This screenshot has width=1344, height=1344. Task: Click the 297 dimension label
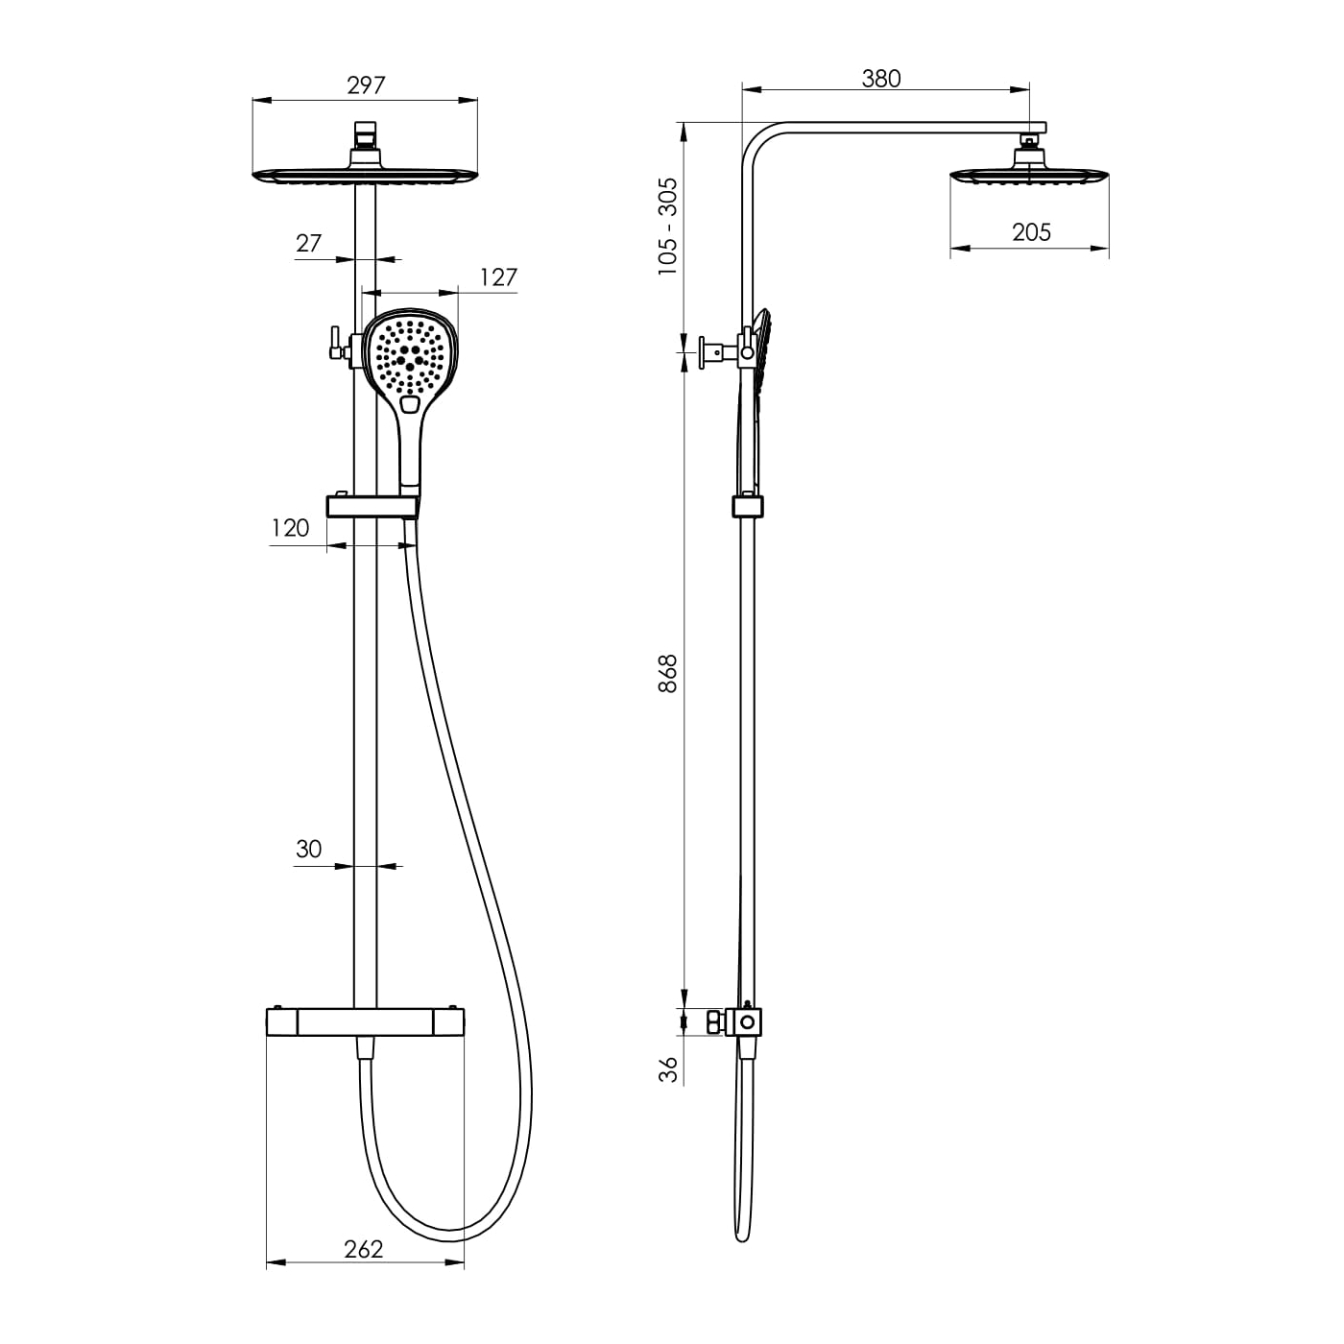pos(366,85)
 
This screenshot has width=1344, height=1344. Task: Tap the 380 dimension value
pos(881,79)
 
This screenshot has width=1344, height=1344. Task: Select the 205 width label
pos(1031,232)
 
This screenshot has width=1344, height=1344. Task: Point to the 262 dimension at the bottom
pos(364,1249)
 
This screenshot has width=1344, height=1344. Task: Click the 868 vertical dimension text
pos(667,673)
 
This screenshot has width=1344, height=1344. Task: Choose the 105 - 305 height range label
pos(667,227)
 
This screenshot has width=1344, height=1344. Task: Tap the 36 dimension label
pos(668,1069)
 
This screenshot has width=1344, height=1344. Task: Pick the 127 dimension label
pos(498,277)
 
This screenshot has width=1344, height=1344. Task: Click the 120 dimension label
pos(290,528)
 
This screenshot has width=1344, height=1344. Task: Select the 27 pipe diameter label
pos(308,243)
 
